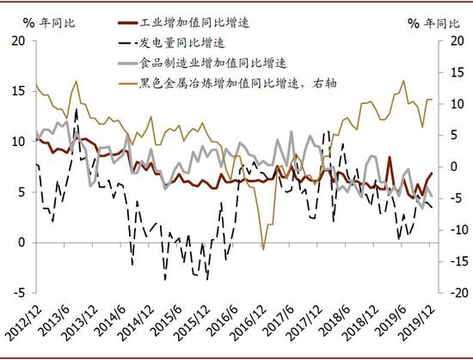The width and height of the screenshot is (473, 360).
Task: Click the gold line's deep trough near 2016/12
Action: [x=263, y=249]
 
